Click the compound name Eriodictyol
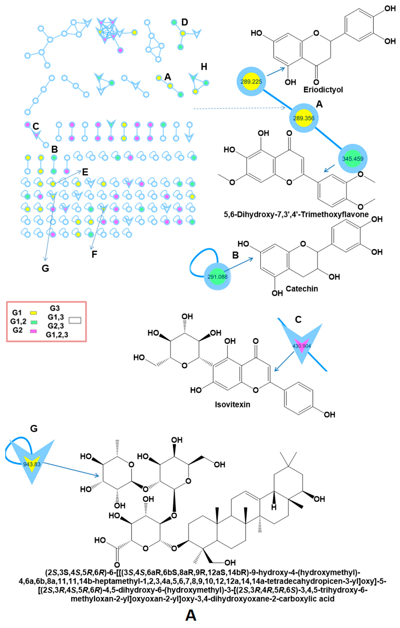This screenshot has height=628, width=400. coord(323,90)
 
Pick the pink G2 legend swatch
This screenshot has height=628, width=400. coord(33,331)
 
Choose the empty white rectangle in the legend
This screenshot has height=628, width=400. coord(75,321)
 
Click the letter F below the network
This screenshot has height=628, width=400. coord(94,254)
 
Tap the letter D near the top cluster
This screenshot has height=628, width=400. coord(184,22)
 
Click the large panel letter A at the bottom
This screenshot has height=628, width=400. coord(191,616)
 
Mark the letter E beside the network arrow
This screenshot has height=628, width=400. coord(85,172)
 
